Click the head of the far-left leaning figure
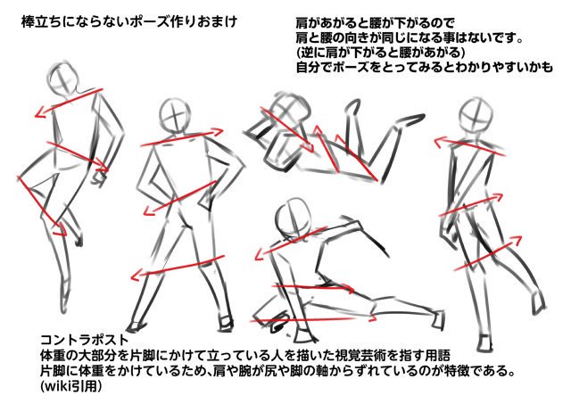(64, 79)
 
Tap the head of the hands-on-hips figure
(175, 115)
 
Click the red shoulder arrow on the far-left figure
(69, 103)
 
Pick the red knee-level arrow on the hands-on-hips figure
(178, 268)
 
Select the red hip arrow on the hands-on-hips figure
(180, 198)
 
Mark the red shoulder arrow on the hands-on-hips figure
(182, 137)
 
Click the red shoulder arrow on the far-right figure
(470, 146)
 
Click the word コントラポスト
(85, 340)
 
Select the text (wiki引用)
(71, 386)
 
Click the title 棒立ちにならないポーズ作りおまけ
(129, 21)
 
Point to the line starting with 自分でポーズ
(425, 67)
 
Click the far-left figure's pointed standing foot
(64, 301)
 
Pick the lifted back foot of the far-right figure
(538, 303)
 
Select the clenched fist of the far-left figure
(100, 177)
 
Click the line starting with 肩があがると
(375, 23)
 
